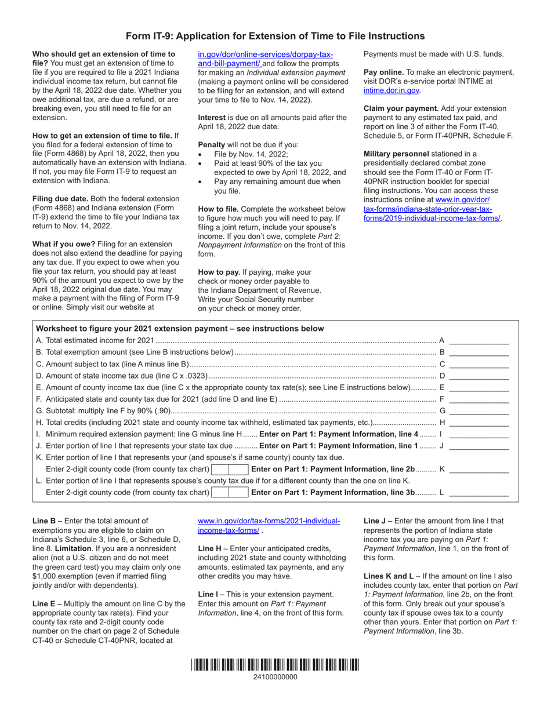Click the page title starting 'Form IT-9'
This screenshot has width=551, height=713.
point(275,36)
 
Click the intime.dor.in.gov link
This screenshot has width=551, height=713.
point(391,90)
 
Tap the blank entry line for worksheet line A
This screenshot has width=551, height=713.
point(478,341)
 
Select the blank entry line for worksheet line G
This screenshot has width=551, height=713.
point(478,411)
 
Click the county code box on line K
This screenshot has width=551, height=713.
point(230,469)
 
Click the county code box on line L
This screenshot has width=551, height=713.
point(230,492)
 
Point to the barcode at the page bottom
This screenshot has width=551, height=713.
point(275,665)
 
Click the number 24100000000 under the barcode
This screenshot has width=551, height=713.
point(275,677)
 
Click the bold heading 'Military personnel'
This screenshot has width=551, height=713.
point(396,154)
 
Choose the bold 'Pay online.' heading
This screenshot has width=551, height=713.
point(383,72)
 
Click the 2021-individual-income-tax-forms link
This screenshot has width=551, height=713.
point(269,526)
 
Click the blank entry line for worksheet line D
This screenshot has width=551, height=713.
point(478,376)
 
